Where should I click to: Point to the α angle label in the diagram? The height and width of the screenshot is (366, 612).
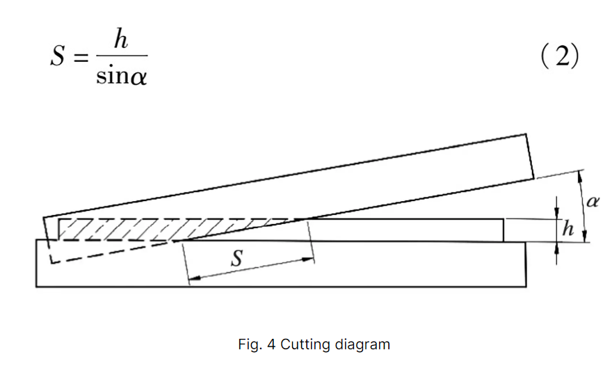[592, 202]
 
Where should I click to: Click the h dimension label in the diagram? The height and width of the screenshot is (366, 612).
[567, 230]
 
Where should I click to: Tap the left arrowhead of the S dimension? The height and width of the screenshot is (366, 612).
[194, 278]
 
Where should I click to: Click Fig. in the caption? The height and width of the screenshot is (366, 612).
[248, 344]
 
